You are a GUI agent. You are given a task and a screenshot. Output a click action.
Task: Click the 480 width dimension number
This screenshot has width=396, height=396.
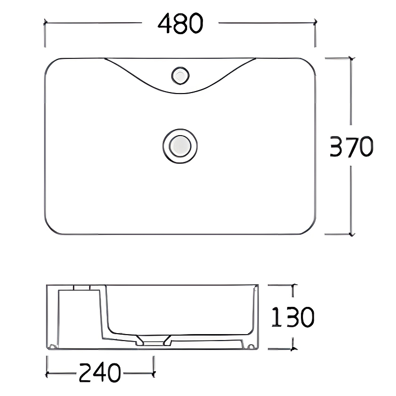(180, 23)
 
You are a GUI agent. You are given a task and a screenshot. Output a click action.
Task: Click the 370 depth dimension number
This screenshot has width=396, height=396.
(351, 147)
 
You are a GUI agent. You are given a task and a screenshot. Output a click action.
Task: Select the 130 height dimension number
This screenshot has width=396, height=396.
(292, 317)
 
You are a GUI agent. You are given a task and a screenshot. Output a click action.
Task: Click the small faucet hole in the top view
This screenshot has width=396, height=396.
(180, 76)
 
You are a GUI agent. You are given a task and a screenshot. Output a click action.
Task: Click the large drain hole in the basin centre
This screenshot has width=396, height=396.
(180, 145)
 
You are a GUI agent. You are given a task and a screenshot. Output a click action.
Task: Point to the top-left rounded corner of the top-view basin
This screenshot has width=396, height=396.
(49, 63)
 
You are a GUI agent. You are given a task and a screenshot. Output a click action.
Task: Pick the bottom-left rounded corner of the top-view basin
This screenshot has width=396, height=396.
(49, 229)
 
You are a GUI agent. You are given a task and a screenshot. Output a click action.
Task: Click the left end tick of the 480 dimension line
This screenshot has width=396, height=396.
(46, 22)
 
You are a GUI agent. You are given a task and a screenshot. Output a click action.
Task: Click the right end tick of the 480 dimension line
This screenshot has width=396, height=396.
(315, 22)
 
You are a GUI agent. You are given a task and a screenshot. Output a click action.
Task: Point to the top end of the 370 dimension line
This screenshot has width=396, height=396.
(351, 58)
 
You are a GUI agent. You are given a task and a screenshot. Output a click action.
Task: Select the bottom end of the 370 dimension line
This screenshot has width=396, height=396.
(351, 234)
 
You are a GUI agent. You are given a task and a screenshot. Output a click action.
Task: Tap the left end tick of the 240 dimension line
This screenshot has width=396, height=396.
(47, 373)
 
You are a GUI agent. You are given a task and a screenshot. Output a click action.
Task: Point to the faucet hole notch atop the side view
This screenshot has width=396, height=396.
(82, 287)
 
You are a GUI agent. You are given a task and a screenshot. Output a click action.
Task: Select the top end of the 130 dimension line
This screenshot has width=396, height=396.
(294, 286)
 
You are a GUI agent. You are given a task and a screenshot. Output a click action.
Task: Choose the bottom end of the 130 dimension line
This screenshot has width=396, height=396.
(294, 348)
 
